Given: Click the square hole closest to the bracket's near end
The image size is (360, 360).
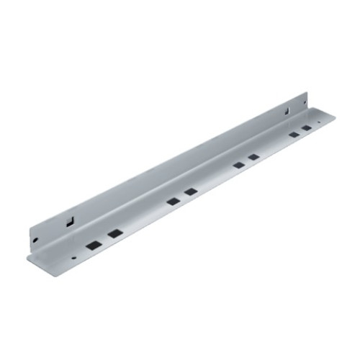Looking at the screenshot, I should click(x=92, y=245).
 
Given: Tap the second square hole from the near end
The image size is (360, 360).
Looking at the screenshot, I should click(x=114, y=233).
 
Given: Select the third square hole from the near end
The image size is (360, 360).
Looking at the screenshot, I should click(x=173, y=201).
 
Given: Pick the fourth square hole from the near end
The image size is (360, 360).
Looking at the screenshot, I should click(x=191, y=192).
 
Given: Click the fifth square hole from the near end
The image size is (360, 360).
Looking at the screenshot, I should click(x=238, y=165).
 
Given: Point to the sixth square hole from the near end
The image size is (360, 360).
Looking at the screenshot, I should click(x=253, y=156).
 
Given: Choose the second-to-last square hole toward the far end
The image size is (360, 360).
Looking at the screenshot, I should click(x=294, y=134).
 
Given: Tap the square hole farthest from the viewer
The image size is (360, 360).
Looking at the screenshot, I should click(x=307, y=127).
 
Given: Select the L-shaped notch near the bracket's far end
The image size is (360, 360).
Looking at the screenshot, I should click(x=287, y=111).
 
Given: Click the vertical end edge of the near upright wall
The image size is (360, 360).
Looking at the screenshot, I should click(x=30, y=240).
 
